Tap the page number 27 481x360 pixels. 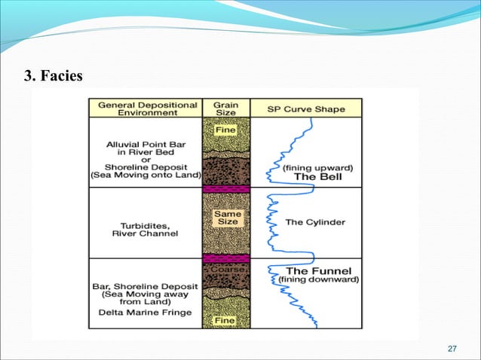tap(452, 348)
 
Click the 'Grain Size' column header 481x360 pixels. tap(226, 108)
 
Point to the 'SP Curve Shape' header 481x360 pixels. tap(306, 109)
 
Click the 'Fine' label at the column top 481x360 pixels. tap(226, 130)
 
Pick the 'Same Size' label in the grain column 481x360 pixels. tap(226, 218)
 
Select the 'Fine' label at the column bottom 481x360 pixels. tap(226, 319)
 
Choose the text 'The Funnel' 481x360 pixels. tap(317, 270)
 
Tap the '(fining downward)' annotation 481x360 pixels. tap(318, 279)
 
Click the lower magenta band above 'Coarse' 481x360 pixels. tap(226, 258)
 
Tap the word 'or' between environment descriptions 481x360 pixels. tap(145, 157)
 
